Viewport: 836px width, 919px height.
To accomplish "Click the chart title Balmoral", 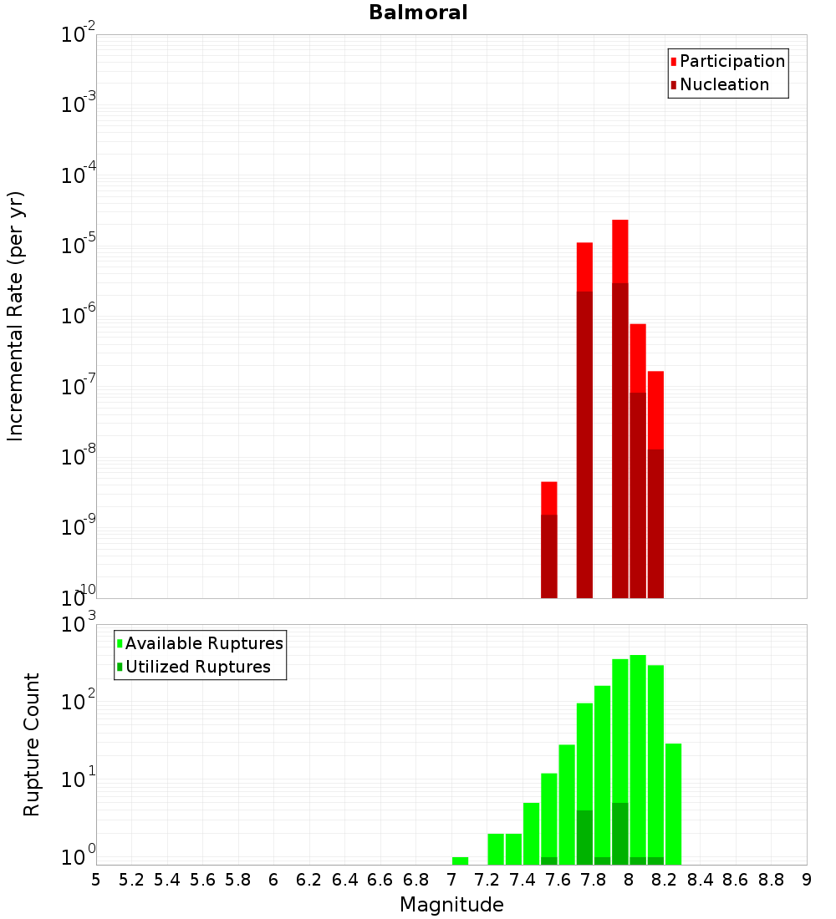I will coord(418,13).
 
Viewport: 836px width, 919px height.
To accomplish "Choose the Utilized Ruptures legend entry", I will coord(197,667).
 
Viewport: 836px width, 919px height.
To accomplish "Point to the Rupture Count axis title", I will coord(32,744).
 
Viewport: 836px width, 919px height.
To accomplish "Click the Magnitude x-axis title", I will coord(451,904).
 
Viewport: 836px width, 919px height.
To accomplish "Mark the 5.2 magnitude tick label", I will coord(131,880).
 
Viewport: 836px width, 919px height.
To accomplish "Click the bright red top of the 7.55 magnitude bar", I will coord(548,498).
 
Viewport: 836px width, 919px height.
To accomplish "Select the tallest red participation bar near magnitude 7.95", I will coord(619,251).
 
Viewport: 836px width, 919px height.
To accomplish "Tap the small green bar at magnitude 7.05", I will coord(460,861).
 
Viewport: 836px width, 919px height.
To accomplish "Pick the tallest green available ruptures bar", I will coord(638,752).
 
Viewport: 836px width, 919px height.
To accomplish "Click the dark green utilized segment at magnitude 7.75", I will coord(584,835).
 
